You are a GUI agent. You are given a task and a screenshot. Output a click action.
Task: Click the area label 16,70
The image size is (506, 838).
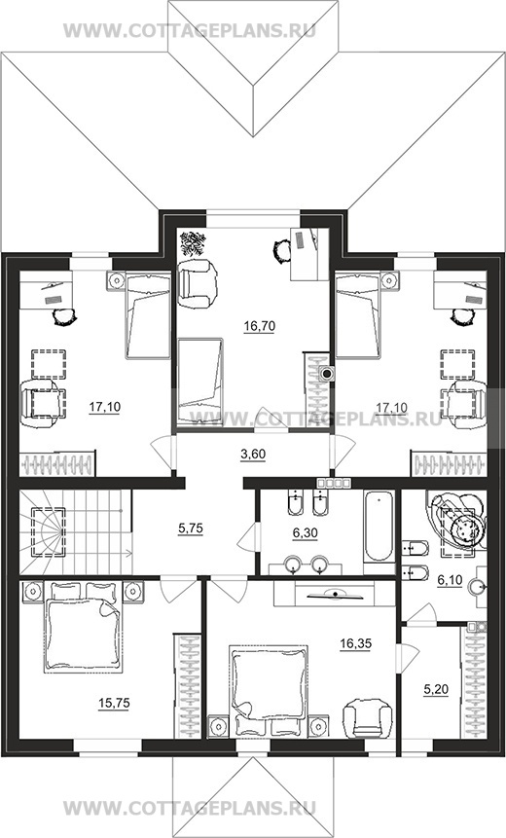click(x=259, y=325)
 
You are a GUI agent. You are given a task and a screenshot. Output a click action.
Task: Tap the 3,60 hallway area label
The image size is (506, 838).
click(x=253, y=455)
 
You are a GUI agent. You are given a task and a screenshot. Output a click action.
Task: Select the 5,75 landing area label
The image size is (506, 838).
click(x=190, y=528)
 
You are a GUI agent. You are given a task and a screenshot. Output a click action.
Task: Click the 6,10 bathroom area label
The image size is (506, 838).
click(x=450, y=581)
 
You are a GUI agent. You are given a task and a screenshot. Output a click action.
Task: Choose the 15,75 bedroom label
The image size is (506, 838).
click(x=114, y=704)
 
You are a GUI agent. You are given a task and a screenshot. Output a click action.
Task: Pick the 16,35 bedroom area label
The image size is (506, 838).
click(x=355, y=644)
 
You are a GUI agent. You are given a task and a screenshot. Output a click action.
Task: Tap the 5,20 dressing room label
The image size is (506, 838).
click(x=436, y=690)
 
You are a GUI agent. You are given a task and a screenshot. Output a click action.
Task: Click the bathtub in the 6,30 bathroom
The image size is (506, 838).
click(x=379, y=526)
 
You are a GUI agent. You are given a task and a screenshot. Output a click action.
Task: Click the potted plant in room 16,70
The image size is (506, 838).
click(x=193, y=243)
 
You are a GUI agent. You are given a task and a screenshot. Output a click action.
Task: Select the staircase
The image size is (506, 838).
click(x=75, y=532)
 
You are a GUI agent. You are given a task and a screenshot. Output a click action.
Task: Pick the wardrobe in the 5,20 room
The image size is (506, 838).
click(x=474, y=682)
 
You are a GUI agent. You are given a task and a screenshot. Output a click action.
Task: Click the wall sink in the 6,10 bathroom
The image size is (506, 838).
click(x=478, y=587)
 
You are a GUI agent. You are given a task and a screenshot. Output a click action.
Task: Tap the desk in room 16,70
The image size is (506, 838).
click(x=308, y=254)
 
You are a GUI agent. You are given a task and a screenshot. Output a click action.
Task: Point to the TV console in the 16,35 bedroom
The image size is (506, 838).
click(x=332, y=594)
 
